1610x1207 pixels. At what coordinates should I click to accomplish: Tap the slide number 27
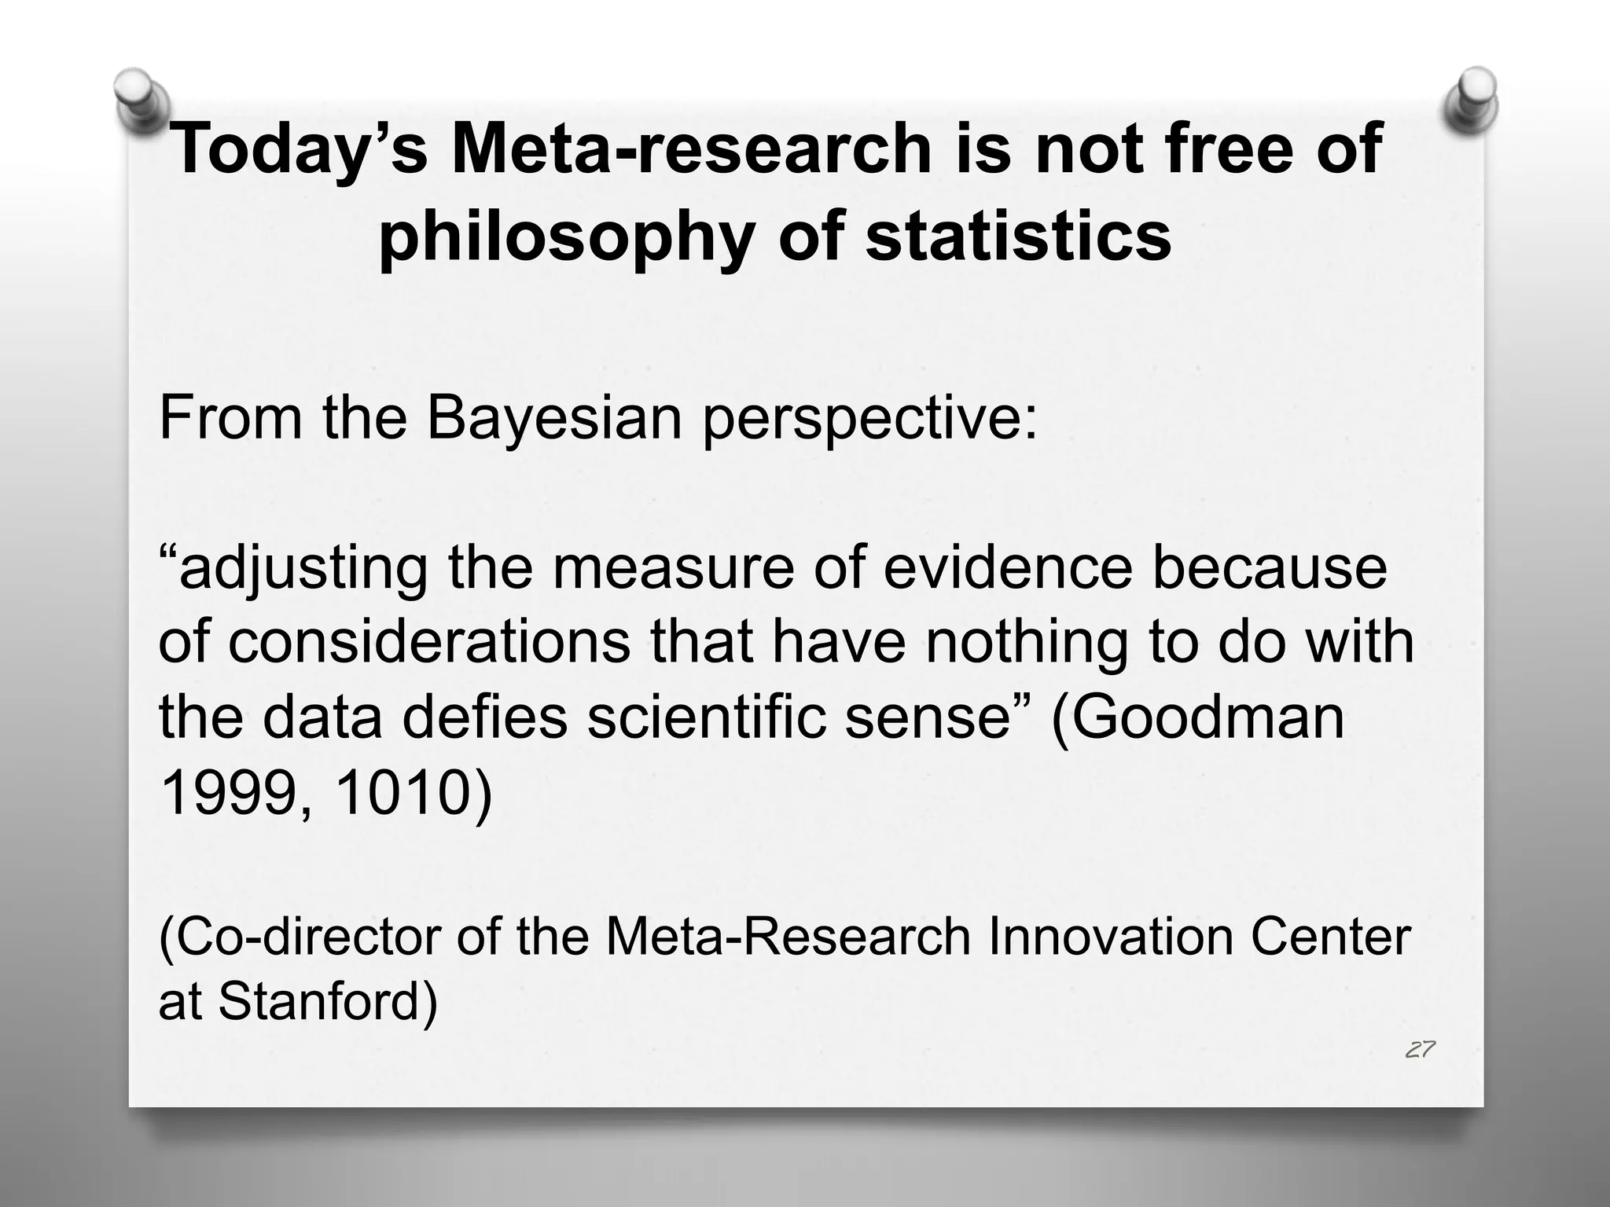tap(1420, 1050)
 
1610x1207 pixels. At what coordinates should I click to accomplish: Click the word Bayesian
tap(554, 418)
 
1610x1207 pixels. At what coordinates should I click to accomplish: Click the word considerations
tap(429, 642)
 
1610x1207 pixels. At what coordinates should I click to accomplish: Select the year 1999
tap(228, 794)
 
